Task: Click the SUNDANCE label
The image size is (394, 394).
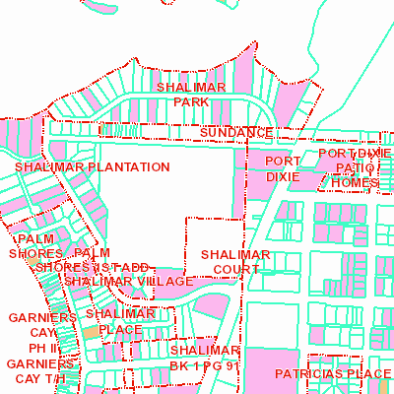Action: pos(235,132)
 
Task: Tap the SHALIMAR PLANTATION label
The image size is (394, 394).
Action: pos(93,167)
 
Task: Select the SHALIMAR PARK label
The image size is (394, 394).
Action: pos(191,94)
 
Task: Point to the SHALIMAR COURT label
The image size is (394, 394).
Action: pos(235,261)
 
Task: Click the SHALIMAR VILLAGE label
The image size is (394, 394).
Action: pos(129,282)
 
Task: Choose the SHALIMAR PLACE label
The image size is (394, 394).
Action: pos(120,321)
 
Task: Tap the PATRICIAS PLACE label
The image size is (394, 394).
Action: pos(333,374)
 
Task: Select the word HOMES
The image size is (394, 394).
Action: pos(354,182)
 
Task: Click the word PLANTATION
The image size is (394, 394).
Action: pos(128,167)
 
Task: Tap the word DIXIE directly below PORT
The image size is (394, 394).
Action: pos(282,176)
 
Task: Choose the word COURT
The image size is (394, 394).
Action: pos(235,268)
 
